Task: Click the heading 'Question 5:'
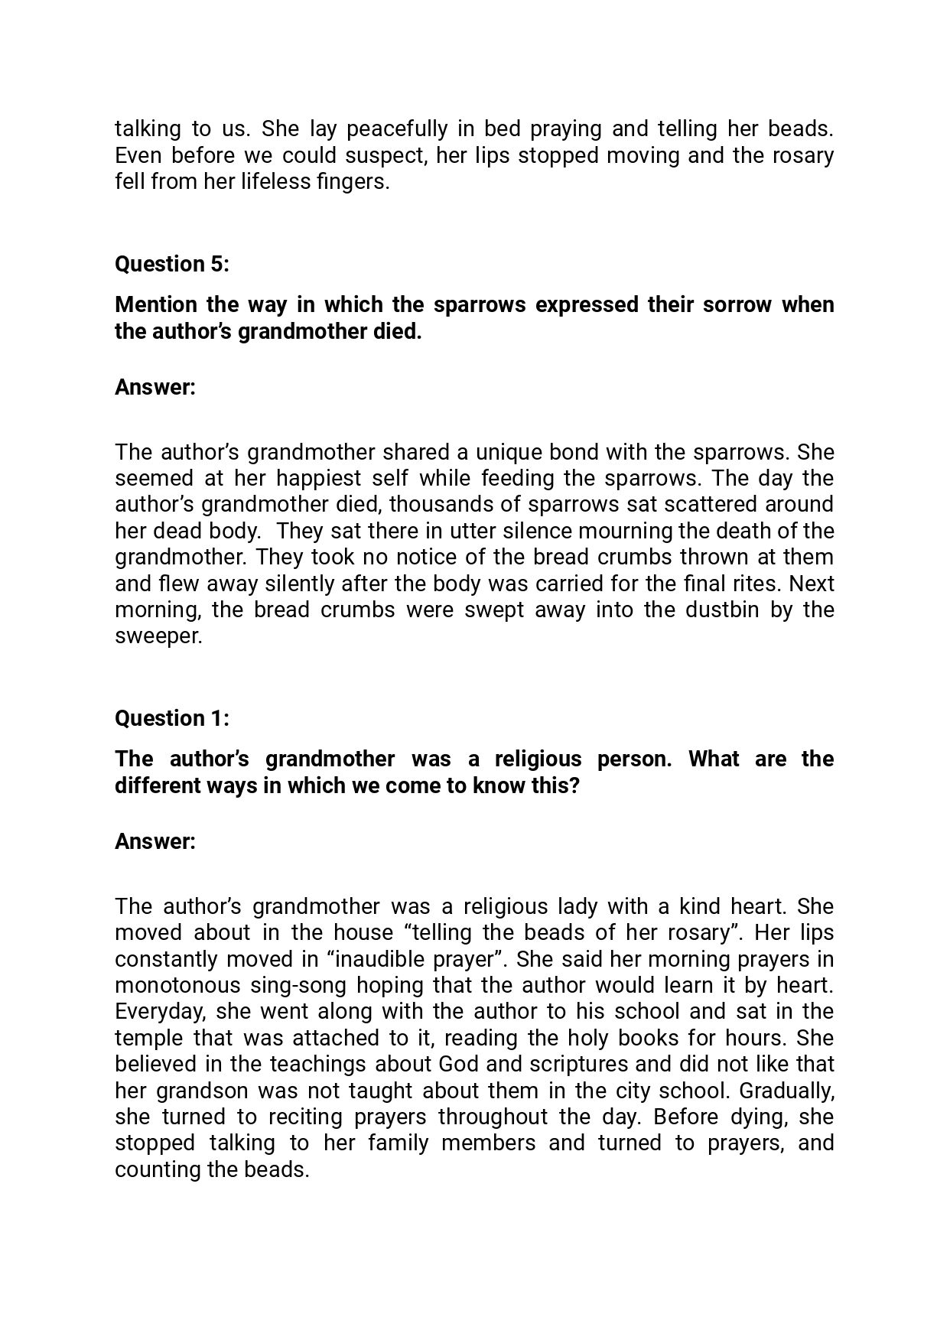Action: [172, 264]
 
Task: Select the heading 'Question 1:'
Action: [172, 718]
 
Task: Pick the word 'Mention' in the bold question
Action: [156, 304]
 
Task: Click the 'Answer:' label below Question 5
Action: [155, 387]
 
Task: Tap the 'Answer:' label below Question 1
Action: [155, 841]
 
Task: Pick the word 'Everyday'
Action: [159, 1011]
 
